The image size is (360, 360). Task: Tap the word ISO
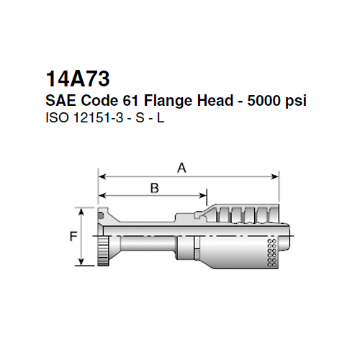(55, 117)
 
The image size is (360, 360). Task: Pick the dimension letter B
(153, 188)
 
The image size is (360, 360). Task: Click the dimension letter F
(73, 235)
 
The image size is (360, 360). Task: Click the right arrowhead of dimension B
(204, 194)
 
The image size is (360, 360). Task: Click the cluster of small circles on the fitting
(271, 253)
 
